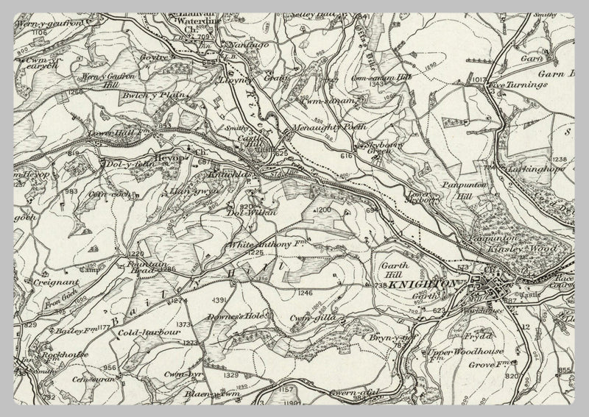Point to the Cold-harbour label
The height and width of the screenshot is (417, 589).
click(149, 332)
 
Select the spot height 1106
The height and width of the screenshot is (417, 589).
click(39, 33)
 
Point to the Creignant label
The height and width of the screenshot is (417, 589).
click(51, 282)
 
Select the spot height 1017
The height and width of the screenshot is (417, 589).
click(481, 79)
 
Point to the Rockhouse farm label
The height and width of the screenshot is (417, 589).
click(66, 354)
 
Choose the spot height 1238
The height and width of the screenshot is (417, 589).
click(560, 160)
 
